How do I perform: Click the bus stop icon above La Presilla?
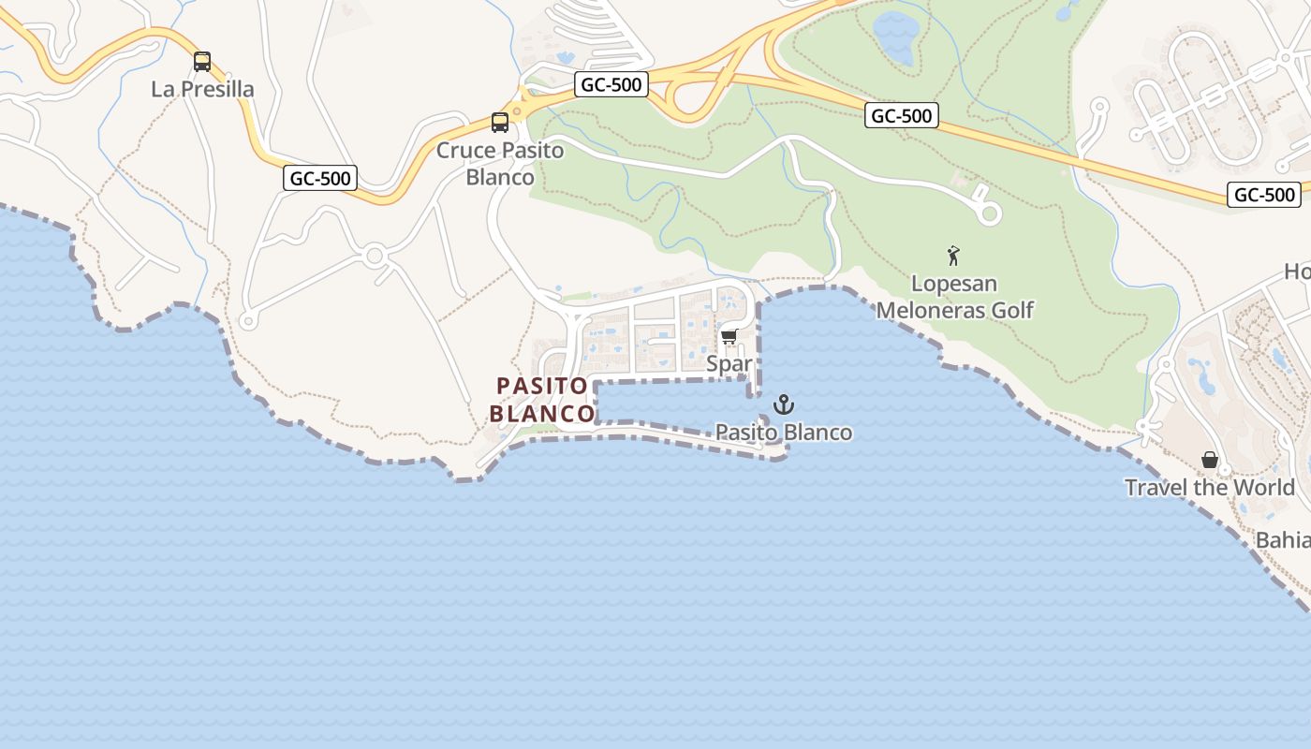coord(202,62)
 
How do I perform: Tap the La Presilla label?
coord(202,89)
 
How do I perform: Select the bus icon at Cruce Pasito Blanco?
coord(500,123)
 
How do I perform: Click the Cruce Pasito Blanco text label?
coord(500,163)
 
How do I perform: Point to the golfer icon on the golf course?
coord(953,255)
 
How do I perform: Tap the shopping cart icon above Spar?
coord(729,337)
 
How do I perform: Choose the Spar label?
coord(729,363)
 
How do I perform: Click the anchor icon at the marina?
coord(783,404)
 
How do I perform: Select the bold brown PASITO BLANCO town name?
coord(542,399)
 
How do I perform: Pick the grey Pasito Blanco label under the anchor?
coord(784,432)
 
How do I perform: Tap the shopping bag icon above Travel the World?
coord(1210,460)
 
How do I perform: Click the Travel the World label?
coord(1210,487)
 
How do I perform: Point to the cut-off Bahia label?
coord(1283,540)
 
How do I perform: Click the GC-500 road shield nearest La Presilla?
coord(320,178)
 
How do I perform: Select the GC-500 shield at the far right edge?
coord(1264,195)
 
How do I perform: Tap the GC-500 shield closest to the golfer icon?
coord(901,115)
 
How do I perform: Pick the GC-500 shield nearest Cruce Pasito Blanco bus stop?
coord(611,84)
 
